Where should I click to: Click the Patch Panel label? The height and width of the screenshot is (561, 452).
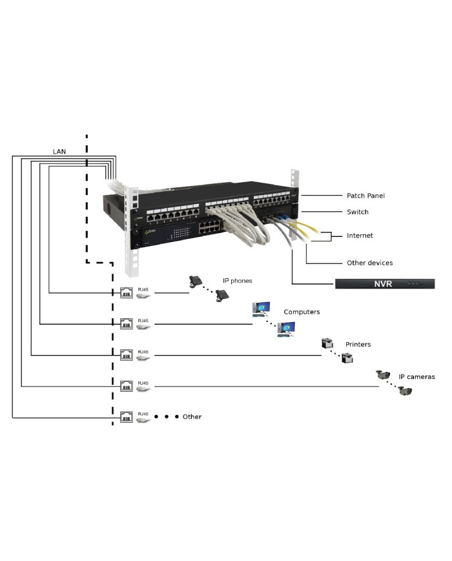[x=365, y=196]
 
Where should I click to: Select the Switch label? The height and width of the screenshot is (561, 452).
[x=357, y=212]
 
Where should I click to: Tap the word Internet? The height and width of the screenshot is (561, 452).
[x=360, y=236]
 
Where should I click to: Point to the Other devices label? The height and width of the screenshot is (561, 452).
[x=369, y=263]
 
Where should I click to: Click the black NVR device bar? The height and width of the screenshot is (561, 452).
[x=384, y=283]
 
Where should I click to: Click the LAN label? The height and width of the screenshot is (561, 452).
[x=59, y=152]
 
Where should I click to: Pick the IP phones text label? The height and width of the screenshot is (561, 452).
[x=237, y=281]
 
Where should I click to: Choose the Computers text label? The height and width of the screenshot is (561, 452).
[x=302, y=312]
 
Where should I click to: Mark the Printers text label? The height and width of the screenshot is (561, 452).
[x=358, y=345]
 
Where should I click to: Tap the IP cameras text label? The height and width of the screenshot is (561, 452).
[x=416, y=377]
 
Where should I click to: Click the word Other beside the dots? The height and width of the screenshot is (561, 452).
[x=192, y=417]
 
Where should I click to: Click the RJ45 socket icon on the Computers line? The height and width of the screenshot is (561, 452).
[x=127, y=323]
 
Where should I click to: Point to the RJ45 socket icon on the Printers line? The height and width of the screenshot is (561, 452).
[x=127, y=355]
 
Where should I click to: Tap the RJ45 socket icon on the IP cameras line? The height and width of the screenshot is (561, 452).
[x=127, y=386]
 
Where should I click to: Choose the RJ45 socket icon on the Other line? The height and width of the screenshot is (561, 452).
[x=127, y=417]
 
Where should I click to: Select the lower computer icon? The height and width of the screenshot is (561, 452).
[x=285, y=330]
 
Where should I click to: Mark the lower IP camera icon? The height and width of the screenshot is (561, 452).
[x=405, y=391]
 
